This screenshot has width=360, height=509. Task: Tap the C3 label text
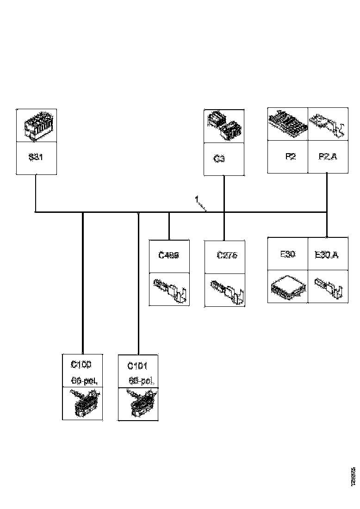219,159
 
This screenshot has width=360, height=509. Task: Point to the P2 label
290,156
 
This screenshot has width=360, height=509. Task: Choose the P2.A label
328,156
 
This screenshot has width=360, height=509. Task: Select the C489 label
168,254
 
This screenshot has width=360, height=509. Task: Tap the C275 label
227,255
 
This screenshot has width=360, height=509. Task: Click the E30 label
288,254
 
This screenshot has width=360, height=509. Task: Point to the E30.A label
326,254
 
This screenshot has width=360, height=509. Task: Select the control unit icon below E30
287,288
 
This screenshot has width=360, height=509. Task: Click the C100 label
81,365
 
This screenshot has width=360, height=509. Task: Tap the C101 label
137,366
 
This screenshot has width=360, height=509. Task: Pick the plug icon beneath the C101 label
138,403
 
